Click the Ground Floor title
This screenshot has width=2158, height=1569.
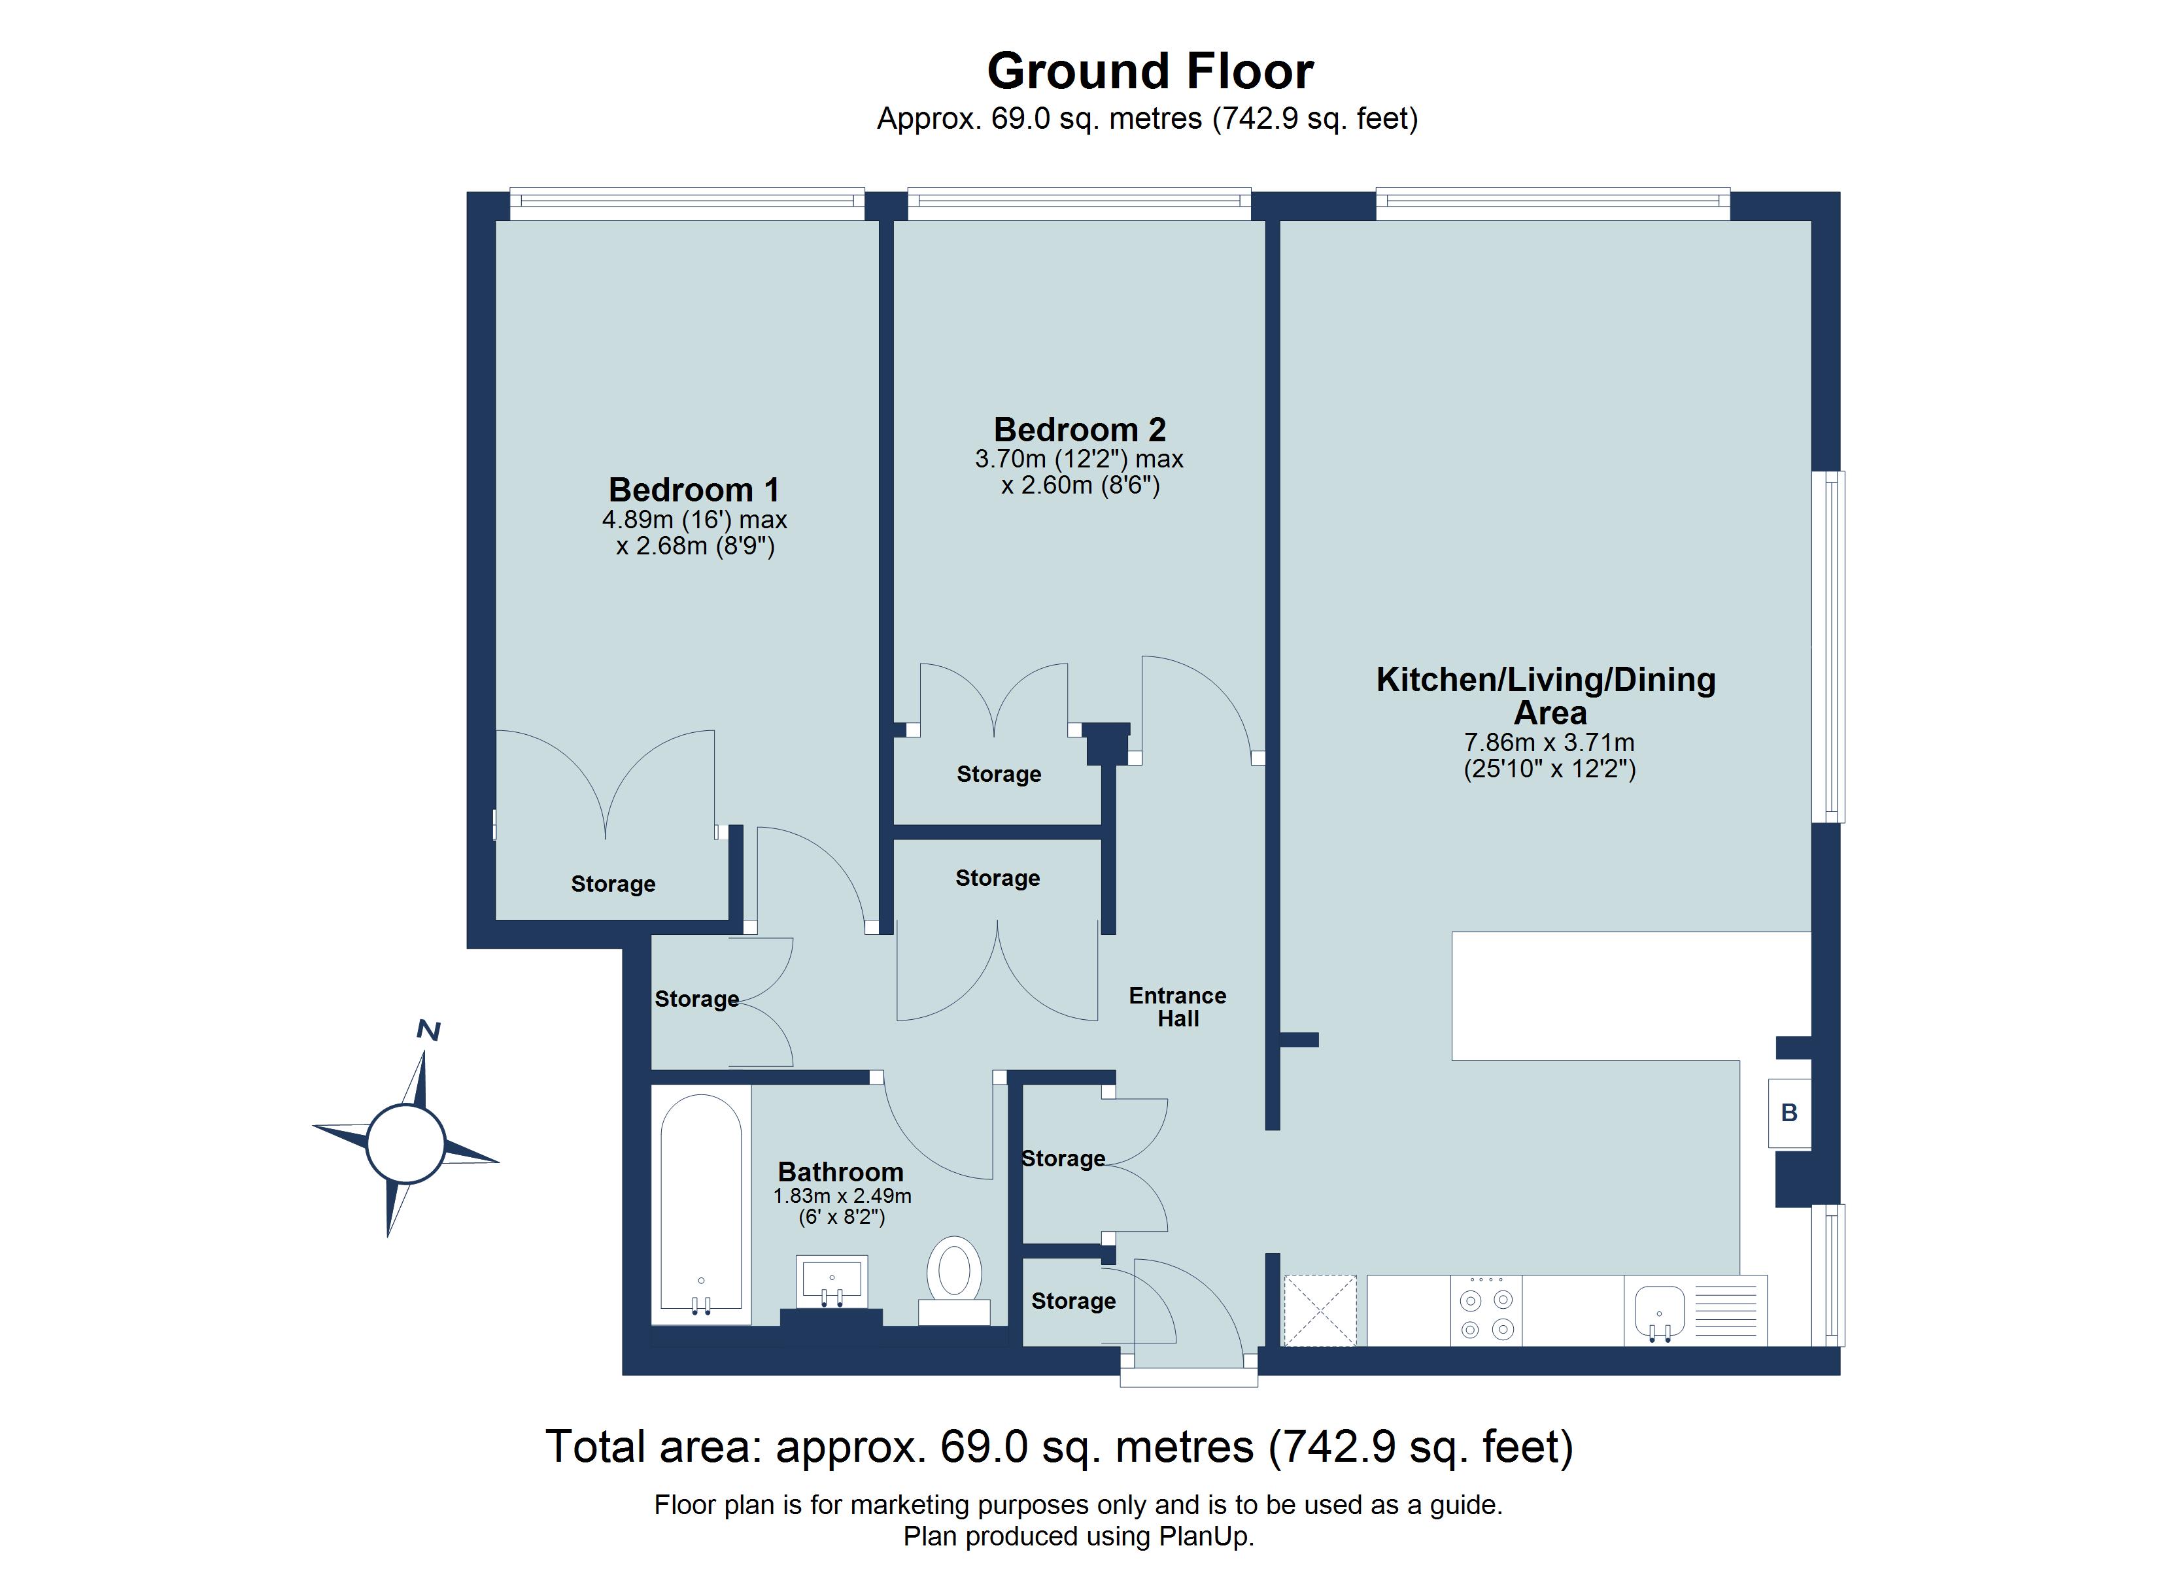tap(1150, 71)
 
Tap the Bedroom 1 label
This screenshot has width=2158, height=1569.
tap(694, 490)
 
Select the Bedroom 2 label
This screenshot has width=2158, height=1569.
tap(1079, 430)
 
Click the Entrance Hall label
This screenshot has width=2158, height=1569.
tap(1177, 1007)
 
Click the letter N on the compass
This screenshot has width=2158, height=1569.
tap(429, 1030)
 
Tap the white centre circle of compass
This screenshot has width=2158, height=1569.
tap(405, 1143)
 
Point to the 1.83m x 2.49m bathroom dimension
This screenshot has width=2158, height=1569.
tap(842, 1196)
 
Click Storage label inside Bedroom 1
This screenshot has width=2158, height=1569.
tap(613, 884)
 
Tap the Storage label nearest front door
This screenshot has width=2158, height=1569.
tap(1073, 1301)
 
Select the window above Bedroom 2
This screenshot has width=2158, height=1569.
tap(1079, 200)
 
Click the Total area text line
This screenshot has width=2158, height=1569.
tap(1059, 1447)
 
